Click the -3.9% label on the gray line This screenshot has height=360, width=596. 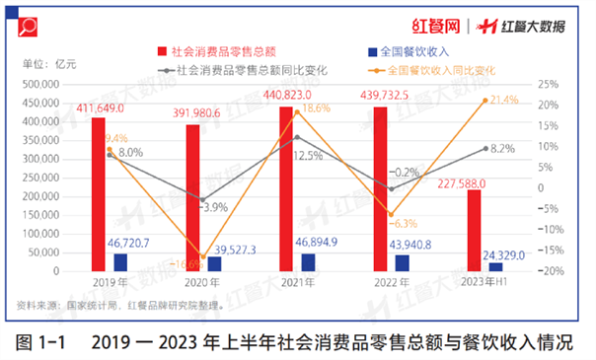pos(215,208)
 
